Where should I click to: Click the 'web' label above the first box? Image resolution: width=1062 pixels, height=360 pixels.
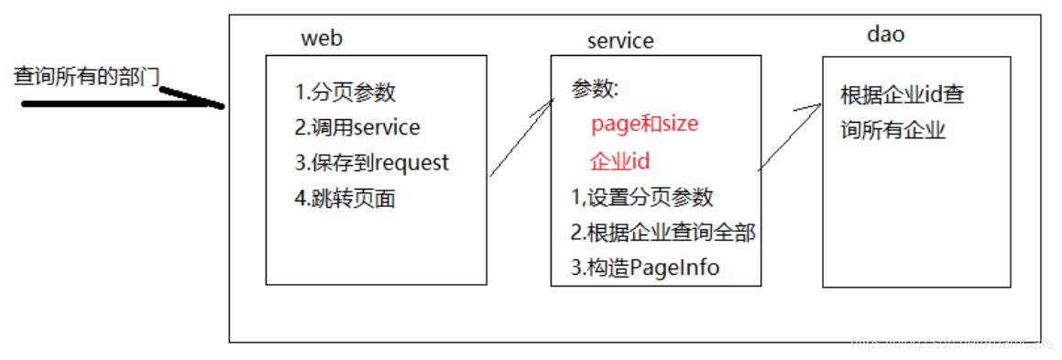[x=321, y=38]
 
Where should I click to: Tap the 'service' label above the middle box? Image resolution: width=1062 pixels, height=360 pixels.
[x=620, y=40]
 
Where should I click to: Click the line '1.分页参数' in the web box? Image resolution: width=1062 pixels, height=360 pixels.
[x=345, y=93]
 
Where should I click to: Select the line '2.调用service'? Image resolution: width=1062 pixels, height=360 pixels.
[x=357, y=127]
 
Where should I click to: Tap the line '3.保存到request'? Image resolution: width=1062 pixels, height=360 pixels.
[x=372, y=162]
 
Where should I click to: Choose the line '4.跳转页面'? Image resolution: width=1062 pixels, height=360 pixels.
[x=345, y=198]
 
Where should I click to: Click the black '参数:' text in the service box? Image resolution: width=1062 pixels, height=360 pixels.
[x=596, y=89]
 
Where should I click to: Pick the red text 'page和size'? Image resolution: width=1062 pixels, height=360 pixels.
[x=644, y=124]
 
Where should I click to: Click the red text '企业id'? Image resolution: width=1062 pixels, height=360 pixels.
[x=619, y=160]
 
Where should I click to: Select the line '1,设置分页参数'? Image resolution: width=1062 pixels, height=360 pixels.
[x=641, y=196]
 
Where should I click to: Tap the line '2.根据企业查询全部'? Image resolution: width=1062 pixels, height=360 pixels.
[x=662, y=232]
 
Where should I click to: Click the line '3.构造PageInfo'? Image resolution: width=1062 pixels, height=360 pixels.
[x=644, y=267]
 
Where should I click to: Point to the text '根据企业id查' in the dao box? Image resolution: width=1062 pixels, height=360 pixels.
[x=903, y=94]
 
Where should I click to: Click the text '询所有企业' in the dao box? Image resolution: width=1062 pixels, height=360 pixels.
[x=892, y=130]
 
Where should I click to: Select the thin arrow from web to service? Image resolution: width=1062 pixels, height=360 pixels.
[x=522, y=137]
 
